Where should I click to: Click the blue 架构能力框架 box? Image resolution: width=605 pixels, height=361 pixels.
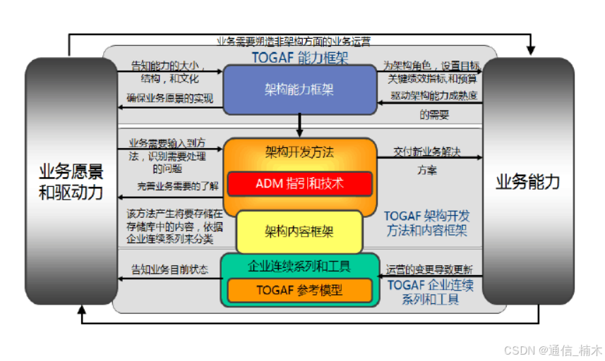point(299,89)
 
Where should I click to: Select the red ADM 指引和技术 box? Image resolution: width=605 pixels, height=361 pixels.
point(299,183)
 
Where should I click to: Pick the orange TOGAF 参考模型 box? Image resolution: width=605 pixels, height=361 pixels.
point(299,290)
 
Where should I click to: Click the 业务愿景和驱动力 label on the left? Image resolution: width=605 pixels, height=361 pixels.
point(71,181)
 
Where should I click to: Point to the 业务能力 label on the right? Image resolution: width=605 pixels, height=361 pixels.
point(527,182)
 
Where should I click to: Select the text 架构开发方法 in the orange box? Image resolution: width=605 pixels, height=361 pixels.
point(299,152)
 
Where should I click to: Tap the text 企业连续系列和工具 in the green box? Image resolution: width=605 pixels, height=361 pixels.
point(299,267)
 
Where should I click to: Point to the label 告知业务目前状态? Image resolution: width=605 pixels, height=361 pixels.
point(169,269)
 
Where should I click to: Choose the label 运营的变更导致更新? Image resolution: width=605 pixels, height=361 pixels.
point(430,269)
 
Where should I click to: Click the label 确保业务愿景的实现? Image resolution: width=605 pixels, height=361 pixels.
point(169,98)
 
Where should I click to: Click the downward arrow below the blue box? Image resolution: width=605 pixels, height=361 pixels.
point(300,126)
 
